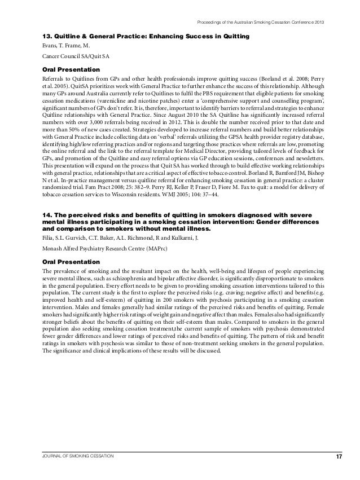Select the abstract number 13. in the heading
point(39,37)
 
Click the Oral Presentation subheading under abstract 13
point(67,69)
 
